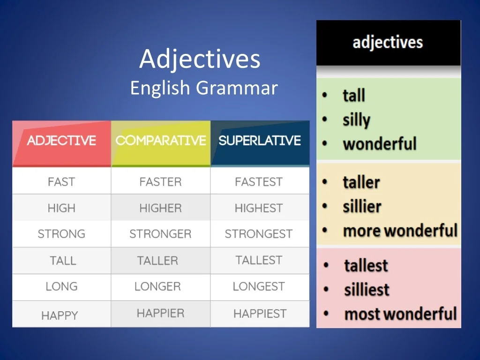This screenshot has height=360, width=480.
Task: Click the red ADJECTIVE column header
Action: click(61, 143)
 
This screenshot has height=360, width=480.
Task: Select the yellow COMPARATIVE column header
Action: click(161, 143)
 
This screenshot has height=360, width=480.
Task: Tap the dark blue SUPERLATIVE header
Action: click(260, 143)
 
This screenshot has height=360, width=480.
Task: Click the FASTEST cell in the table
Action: click(260, 181)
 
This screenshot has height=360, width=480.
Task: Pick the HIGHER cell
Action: click(161, 208)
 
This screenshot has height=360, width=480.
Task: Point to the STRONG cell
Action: click(61, 234)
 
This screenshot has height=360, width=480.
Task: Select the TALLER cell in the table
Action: click(161, 261)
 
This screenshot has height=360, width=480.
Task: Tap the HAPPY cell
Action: click(61, 314)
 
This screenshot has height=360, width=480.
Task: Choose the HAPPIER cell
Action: click(161, 314)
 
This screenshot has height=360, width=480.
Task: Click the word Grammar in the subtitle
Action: click(237, 88)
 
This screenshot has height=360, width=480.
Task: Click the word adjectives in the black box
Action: click(388, 43)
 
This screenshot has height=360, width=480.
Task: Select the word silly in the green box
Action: click(356, 120)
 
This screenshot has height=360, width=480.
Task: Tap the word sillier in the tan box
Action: click(362, 207)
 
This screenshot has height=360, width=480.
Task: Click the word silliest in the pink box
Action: click(367, 290)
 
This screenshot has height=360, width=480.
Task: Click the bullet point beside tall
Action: click(325, 95)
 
